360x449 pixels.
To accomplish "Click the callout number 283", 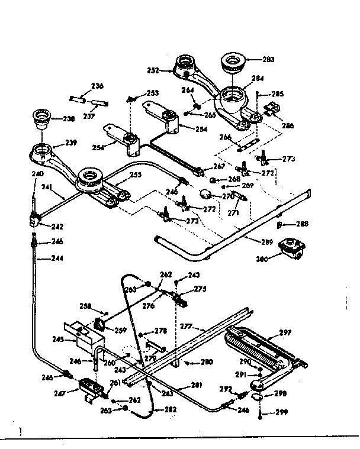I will (x=268, y=59).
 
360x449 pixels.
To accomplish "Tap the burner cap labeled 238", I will (x=43, y=117).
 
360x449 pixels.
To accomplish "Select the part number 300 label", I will (x=262, y=258).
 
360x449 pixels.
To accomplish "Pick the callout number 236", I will (x=97, y=86).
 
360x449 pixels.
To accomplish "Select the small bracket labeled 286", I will (x=272, y=111).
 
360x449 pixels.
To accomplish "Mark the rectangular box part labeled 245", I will (x=85, y=340).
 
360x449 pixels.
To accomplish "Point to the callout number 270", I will (x=228, y=196).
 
